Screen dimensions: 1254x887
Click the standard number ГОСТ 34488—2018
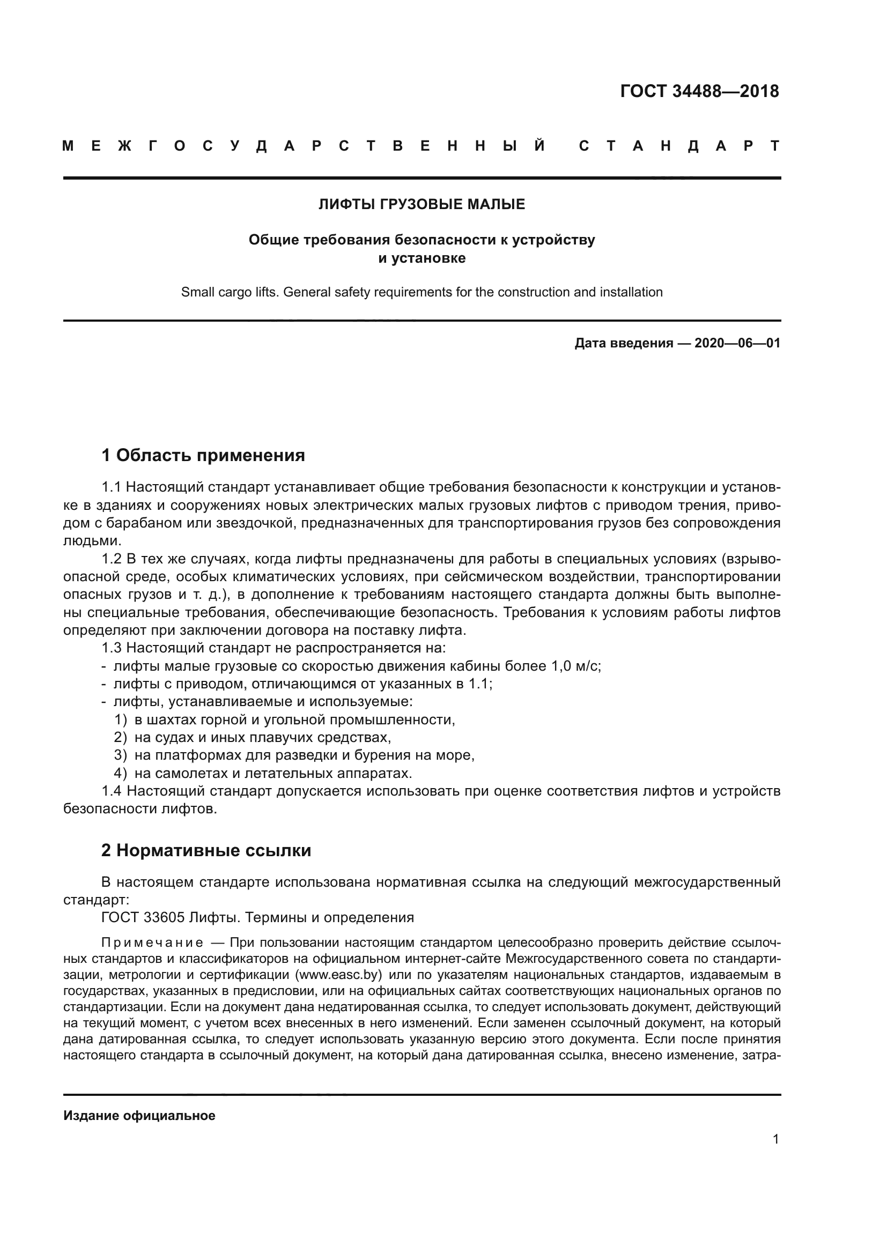(x=699, y=91)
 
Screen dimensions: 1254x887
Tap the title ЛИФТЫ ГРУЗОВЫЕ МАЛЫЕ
(x=422, y=204)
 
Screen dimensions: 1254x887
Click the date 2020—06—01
(x=737, y=343)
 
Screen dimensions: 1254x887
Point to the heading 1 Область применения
(x=203, y=455)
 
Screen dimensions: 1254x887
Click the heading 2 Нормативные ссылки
(x=206, y=850)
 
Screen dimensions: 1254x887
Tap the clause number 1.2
(x=112, y=559)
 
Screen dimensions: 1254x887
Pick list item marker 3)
(x=120, y=755)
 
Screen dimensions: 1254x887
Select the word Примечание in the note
(x=152, y=943)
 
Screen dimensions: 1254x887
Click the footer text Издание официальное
(x=139, y=1116)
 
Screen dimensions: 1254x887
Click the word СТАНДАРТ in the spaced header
(x=679, y=146)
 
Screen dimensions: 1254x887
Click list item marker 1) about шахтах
(x=120, y=720)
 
